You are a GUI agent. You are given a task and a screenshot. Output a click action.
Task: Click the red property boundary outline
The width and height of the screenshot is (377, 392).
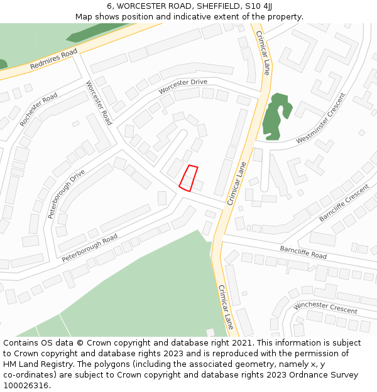pyautogui.click(x=188, y=178)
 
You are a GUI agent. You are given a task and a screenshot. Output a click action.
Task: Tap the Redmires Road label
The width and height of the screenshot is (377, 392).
pyautogui.click(x=53, y=58)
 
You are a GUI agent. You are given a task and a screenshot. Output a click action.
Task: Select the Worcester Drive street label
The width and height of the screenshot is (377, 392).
pyautogui.click(x=182, y=87)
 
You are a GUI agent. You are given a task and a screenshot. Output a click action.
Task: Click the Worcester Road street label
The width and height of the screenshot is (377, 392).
pyautogui.click(x=99, y=103)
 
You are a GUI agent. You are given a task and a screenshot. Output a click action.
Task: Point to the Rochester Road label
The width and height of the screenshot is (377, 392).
pyautogui.click(x=38, y=110)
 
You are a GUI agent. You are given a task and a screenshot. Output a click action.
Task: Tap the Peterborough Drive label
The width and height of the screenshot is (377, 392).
pyautogui.click(x=65, y=193)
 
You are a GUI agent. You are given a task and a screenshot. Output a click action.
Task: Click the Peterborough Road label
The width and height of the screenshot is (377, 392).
pyautogui.click(x=89, y=248)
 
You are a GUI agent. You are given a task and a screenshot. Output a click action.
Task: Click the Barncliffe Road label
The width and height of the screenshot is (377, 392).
pyautogui.click(x=303, y=252)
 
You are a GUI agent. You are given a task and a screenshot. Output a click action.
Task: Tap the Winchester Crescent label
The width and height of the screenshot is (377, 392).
pyautogui.click(x=325, y=307)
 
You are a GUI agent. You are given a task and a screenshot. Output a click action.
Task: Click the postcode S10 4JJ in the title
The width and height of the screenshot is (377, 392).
pyautogui.click(x=259, y=6)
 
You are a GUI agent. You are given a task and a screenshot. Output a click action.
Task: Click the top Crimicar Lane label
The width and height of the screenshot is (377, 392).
pyautogui.click(x=262, y=53)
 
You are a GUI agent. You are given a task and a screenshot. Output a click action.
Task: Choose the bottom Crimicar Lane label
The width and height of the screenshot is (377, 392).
pyautogui.click(x=226, y=307)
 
